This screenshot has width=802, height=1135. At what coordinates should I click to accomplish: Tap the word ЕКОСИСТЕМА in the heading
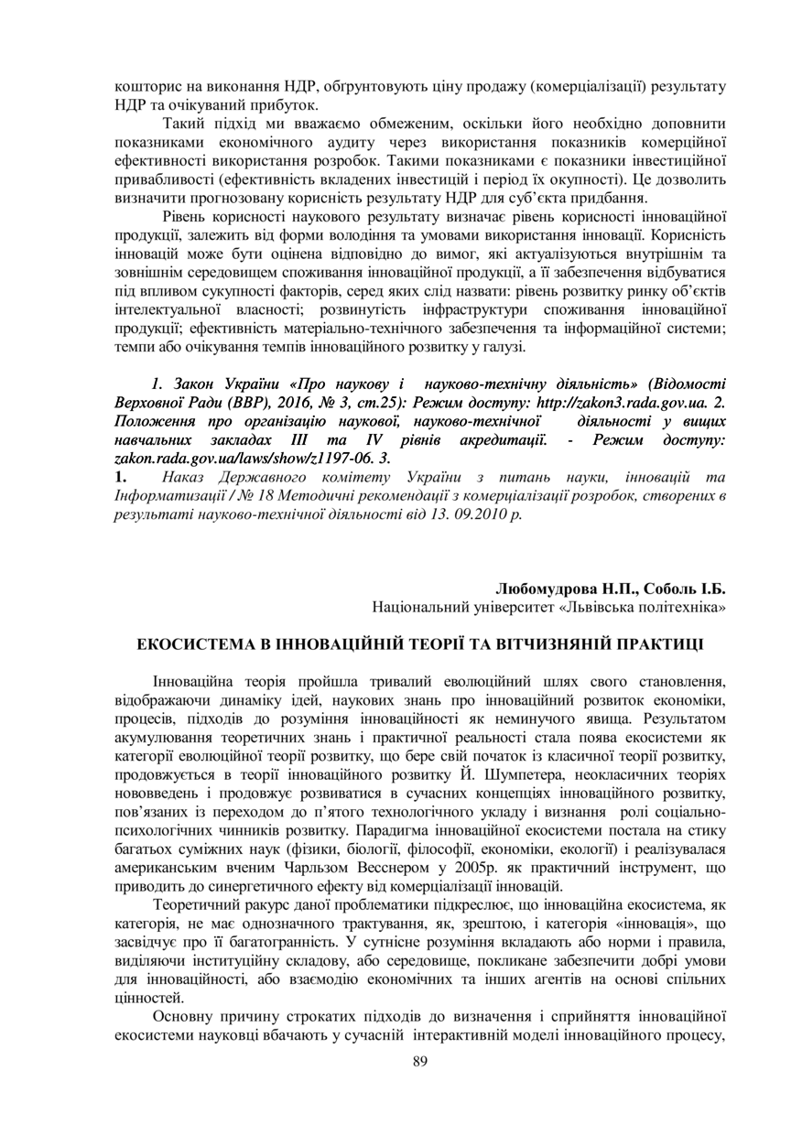tap(193, 644)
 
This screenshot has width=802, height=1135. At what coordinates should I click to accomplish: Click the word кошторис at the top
tap(146, 87)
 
